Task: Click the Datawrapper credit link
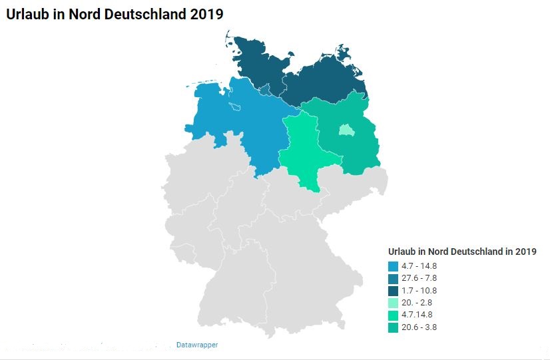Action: point(197,345)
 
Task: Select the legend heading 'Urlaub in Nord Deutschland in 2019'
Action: point(462,252)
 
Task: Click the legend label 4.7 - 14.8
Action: point(419,266)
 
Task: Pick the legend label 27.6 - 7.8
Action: point(419,278)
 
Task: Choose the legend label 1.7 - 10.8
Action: point(419,291)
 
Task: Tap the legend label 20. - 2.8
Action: point(417,303)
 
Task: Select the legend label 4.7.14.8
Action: point(417,315)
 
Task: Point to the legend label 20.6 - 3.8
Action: point(419,327)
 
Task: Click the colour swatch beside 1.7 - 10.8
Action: point(393,291)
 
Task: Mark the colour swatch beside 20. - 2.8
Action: point(393,303)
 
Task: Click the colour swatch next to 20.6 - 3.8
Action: point(393,327)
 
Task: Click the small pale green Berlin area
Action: point(346,130)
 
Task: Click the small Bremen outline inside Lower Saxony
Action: point(236,106)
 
